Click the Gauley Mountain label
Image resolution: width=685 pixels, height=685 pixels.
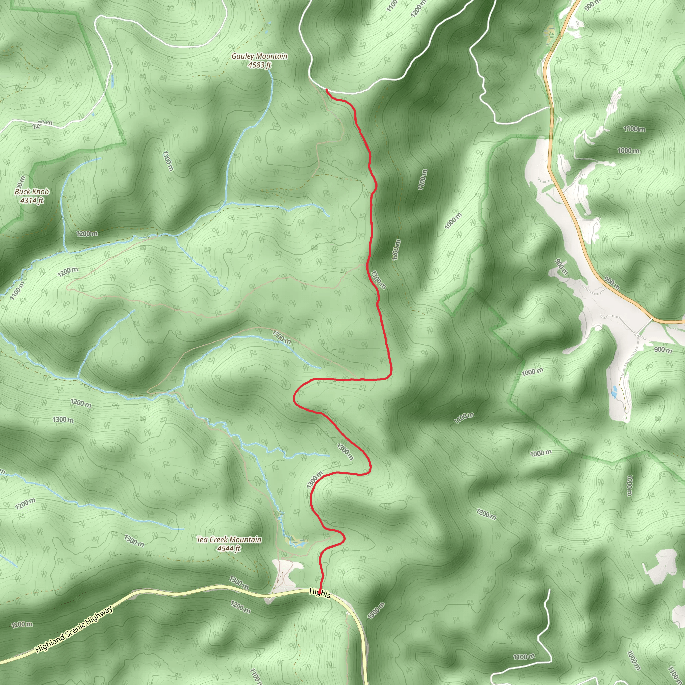click(x=259, y=56)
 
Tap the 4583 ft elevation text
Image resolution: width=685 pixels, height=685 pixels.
click(x=259, y=65)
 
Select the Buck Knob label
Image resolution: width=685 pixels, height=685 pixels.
click(x=32, y=191)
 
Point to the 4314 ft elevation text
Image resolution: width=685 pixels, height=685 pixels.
click(x=32, y=200)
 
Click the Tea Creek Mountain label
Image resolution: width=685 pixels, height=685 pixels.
click(x=229, y=539)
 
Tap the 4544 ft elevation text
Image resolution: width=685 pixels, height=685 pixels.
click(x=229, y=548)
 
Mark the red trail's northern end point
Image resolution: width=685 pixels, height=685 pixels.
click(x=326, y=90)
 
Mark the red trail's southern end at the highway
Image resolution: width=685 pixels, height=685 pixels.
click(x=320, y=591)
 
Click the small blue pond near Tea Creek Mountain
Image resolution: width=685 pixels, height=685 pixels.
click(x=298, y=543)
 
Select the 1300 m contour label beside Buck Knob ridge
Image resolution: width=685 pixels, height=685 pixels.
click(x=168, y=161)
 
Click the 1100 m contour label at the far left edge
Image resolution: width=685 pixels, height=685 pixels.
click(x=17, y=290)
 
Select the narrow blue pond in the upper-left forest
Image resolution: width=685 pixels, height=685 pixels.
click(x=112, y=81)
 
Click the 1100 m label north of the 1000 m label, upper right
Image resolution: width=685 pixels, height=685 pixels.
click(x=634, y=129)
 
